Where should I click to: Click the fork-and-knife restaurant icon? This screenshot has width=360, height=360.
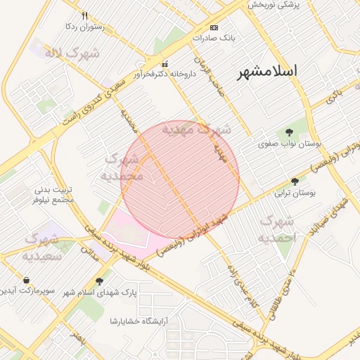pos(84,15)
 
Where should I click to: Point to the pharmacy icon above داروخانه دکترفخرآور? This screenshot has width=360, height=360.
pos(165,63)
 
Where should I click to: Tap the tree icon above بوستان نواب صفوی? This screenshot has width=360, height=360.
pos(289,132)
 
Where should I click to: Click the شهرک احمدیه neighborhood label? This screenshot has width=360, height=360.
pos(279,230)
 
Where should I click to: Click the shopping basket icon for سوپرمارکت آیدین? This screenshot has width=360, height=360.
pos(26,280)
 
